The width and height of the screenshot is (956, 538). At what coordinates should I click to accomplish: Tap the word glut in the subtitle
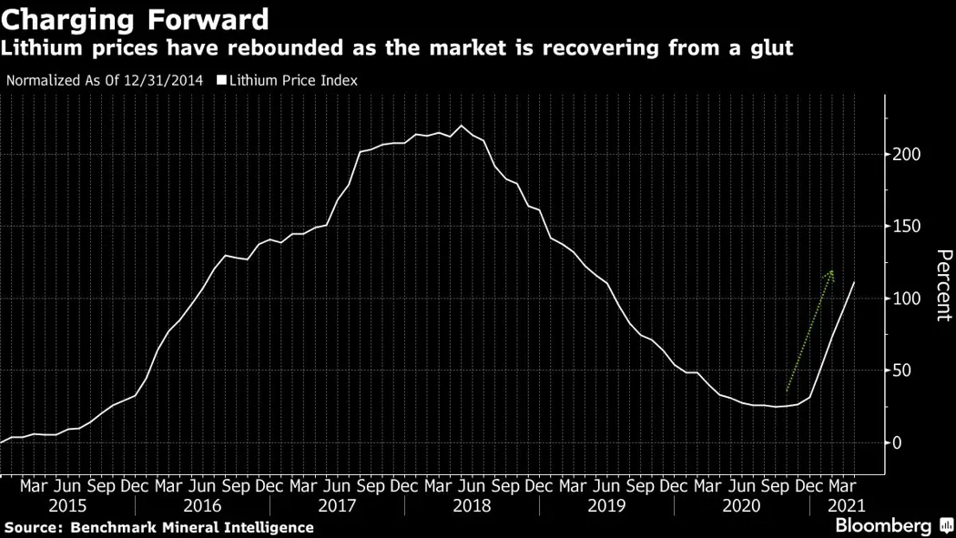[x=770, y=47]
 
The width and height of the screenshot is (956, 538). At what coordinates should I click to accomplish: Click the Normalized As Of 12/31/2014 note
[x=106, y=80]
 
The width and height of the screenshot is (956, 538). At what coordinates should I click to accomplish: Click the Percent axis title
[x=943, y=285]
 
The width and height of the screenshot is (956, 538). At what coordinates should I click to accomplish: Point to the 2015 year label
[x=68, y=505]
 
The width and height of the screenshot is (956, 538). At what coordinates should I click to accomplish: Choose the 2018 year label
[x=473, y=505]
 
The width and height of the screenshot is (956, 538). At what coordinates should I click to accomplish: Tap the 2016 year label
[x=203, y=505]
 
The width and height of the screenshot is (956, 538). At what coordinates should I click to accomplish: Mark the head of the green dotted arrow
[x=831, y=272]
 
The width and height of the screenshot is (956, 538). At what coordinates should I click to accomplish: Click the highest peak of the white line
[x=461, y=126]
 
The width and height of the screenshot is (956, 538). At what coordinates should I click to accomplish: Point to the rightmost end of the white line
[x=854, y=282]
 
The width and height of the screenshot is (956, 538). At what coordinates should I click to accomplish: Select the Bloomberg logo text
[x=883, y=525]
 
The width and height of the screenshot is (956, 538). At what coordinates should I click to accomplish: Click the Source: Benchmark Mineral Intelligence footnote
[x=158, y=527]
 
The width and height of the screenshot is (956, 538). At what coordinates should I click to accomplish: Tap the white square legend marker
[x=221, y=80]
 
